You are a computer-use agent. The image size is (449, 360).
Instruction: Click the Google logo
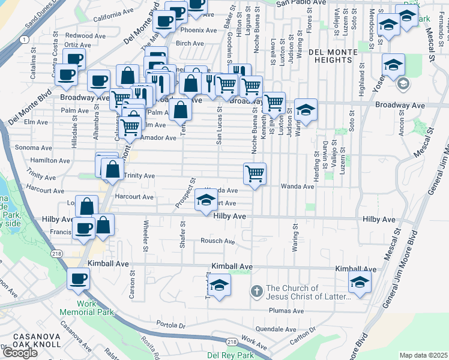pos(20,353)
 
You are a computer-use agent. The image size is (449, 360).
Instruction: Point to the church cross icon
pos(256,292)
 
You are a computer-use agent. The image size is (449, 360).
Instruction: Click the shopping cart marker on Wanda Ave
pos(255,175)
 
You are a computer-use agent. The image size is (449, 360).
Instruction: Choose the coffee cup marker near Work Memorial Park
pos(78,280)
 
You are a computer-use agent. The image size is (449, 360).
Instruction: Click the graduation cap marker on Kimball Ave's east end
pos(360,283)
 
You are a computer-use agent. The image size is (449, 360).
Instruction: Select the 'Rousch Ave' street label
pos(217,241)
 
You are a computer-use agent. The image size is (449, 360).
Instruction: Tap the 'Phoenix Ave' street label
pos(198,30)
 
